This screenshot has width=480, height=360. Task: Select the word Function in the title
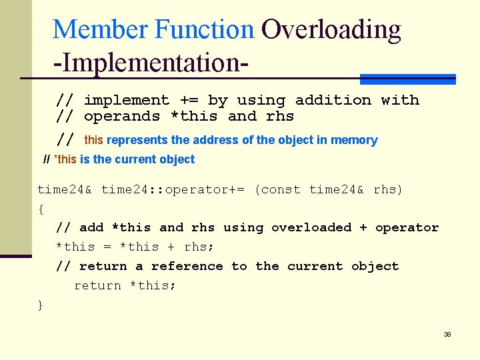204,29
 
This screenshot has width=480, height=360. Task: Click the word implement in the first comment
127,101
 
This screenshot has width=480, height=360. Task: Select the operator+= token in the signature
205,190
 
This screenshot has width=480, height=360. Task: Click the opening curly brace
41,209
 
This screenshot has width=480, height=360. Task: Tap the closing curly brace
41,305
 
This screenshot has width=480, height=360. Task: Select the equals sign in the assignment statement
107,247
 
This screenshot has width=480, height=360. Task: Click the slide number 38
447,334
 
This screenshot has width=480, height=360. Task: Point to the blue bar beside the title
407,79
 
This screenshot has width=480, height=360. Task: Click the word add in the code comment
91,228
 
